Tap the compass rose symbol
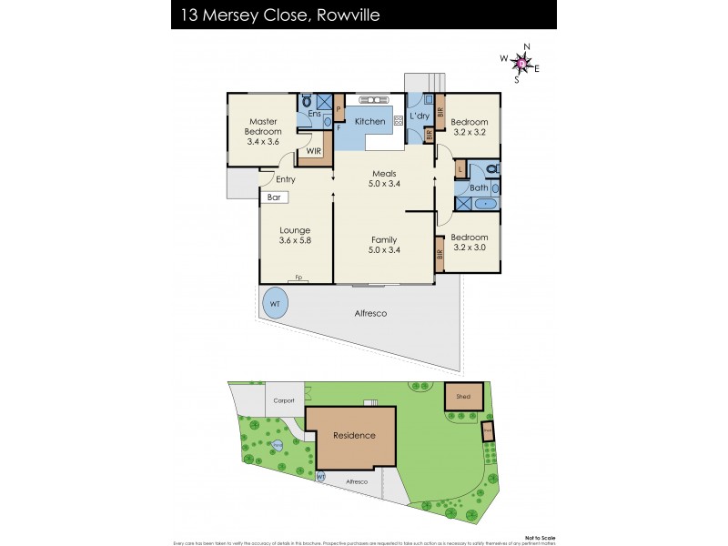(x=521, y=63)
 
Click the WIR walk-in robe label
(x=314, y=151)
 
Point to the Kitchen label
(x=369, y=121)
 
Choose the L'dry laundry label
(x=419, y=116)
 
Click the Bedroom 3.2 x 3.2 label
(x=470, y=127)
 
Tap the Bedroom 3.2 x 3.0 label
(x=470, y=242)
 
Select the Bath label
(x=478, y=188)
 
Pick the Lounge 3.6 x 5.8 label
(x=295, y=236)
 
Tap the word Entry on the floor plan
(x=285, y=179)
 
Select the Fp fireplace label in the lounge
(x=298, y=278)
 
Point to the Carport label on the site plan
(x=282, y=400)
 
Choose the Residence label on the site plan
(x=354, y=435)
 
